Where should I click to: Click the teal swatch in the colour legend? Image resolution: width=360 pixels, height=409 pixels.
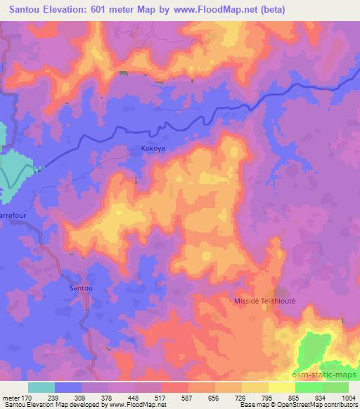[41, 387]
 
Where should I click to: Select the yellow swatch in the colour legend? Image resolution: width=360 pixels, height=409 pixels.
[282, 387]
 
